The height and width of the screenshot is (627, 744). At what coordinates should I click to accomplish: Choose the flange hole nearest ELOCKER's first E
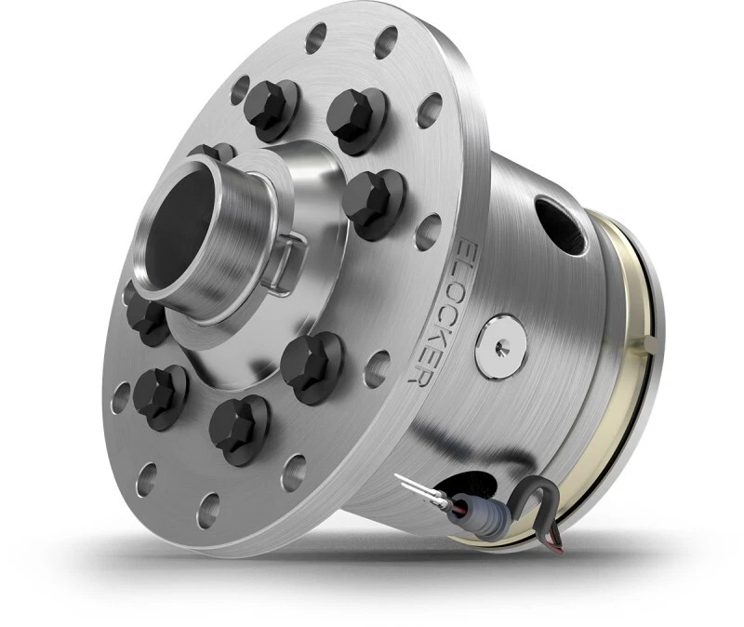click(429, 228)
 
